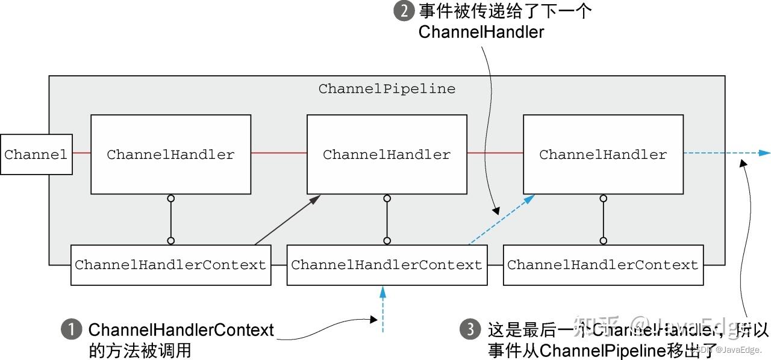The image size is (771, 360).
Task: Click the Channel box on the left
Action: click(x=36, y=155)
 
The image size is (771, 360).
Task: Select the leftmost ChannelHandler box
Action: click(x=170, y=155)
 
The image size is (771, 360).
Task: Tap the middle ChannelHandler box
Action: click(x=387, y=155)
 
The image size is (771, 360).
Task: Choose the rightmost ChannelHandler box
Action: click(x=603, y=155)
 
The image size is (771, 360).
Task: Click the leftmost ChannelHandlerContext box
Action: click(x=170, y=265)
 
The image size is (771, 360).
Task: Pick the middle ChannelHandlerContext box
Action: click(x=387, y=265)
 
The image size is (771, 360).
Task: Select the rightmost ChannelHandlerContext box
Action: click(x=603, y=265)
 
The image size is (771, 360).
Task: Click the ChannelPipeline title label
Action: click(x=387, y=89)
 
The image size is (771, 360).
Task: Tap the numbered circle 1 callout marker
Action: click(x=72, y=330)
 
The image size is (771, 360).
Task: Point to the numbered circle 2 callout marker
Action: click(x=404, y=11)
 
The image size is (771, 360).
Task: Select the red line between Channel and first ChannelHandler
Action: click(x=81, y=153)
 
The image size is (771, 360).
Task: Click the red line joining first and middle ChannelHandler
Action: click(x=279, y=153)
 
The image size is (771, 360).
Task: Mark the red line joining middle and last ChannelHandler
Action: click(x=495, y=153)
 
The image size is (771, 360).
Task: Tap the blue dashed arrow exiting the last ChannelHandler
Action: click(x=726, y=153)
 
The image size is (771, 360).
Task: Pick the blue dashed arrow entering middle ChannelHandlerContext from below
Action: click(x=382, y=310)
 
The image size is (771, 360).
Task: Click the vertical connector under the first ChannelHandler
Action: click(x=171, y=220)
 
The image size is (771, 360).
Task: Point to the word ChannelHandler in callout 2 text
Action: click(x=481, y=32)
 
